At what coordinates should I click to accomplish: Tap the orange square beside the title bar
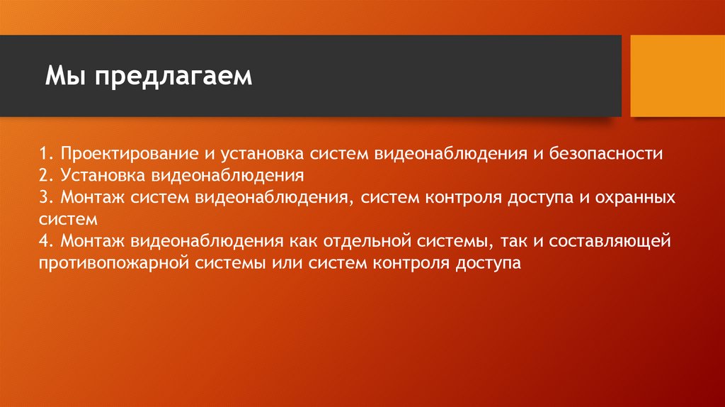pyautogui.click(x=676, y=76)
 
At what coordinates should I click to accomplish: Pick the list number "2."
pyautogui.click(x=47, y=175)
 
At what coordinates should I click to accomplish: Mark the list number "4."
pyautogui.click(x=47, y=242)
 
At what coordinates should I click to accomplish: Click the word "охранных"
pyautogui.click(x=631, y=197)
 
